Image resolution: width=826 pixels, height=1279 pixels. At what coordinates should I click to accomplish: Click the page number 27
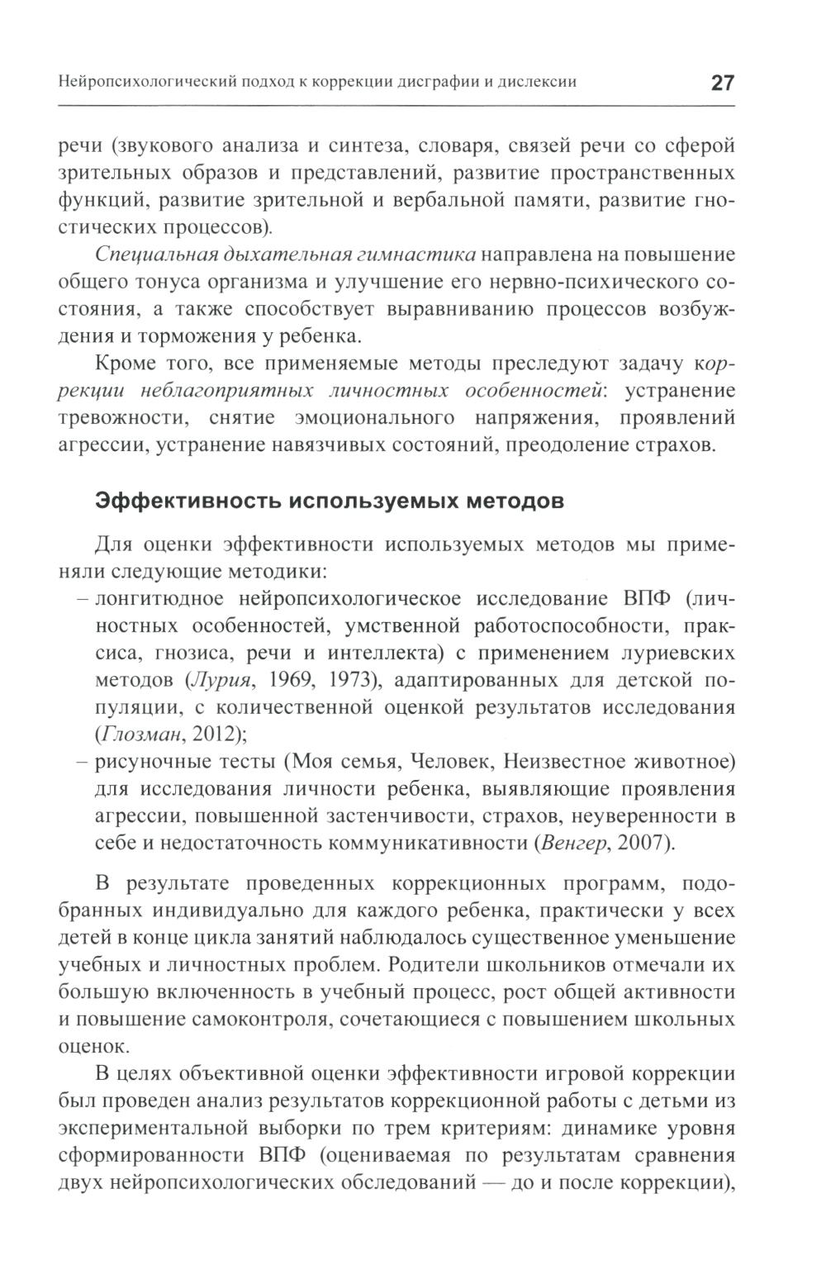[722, 83]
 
